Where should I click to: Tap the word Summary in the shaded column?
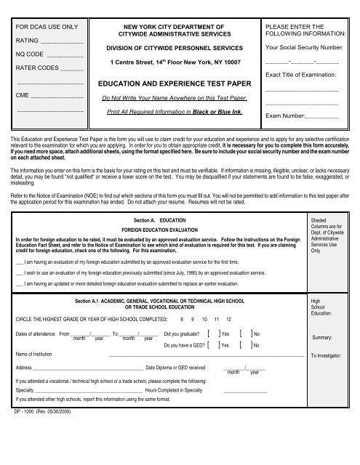(322, 338)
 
